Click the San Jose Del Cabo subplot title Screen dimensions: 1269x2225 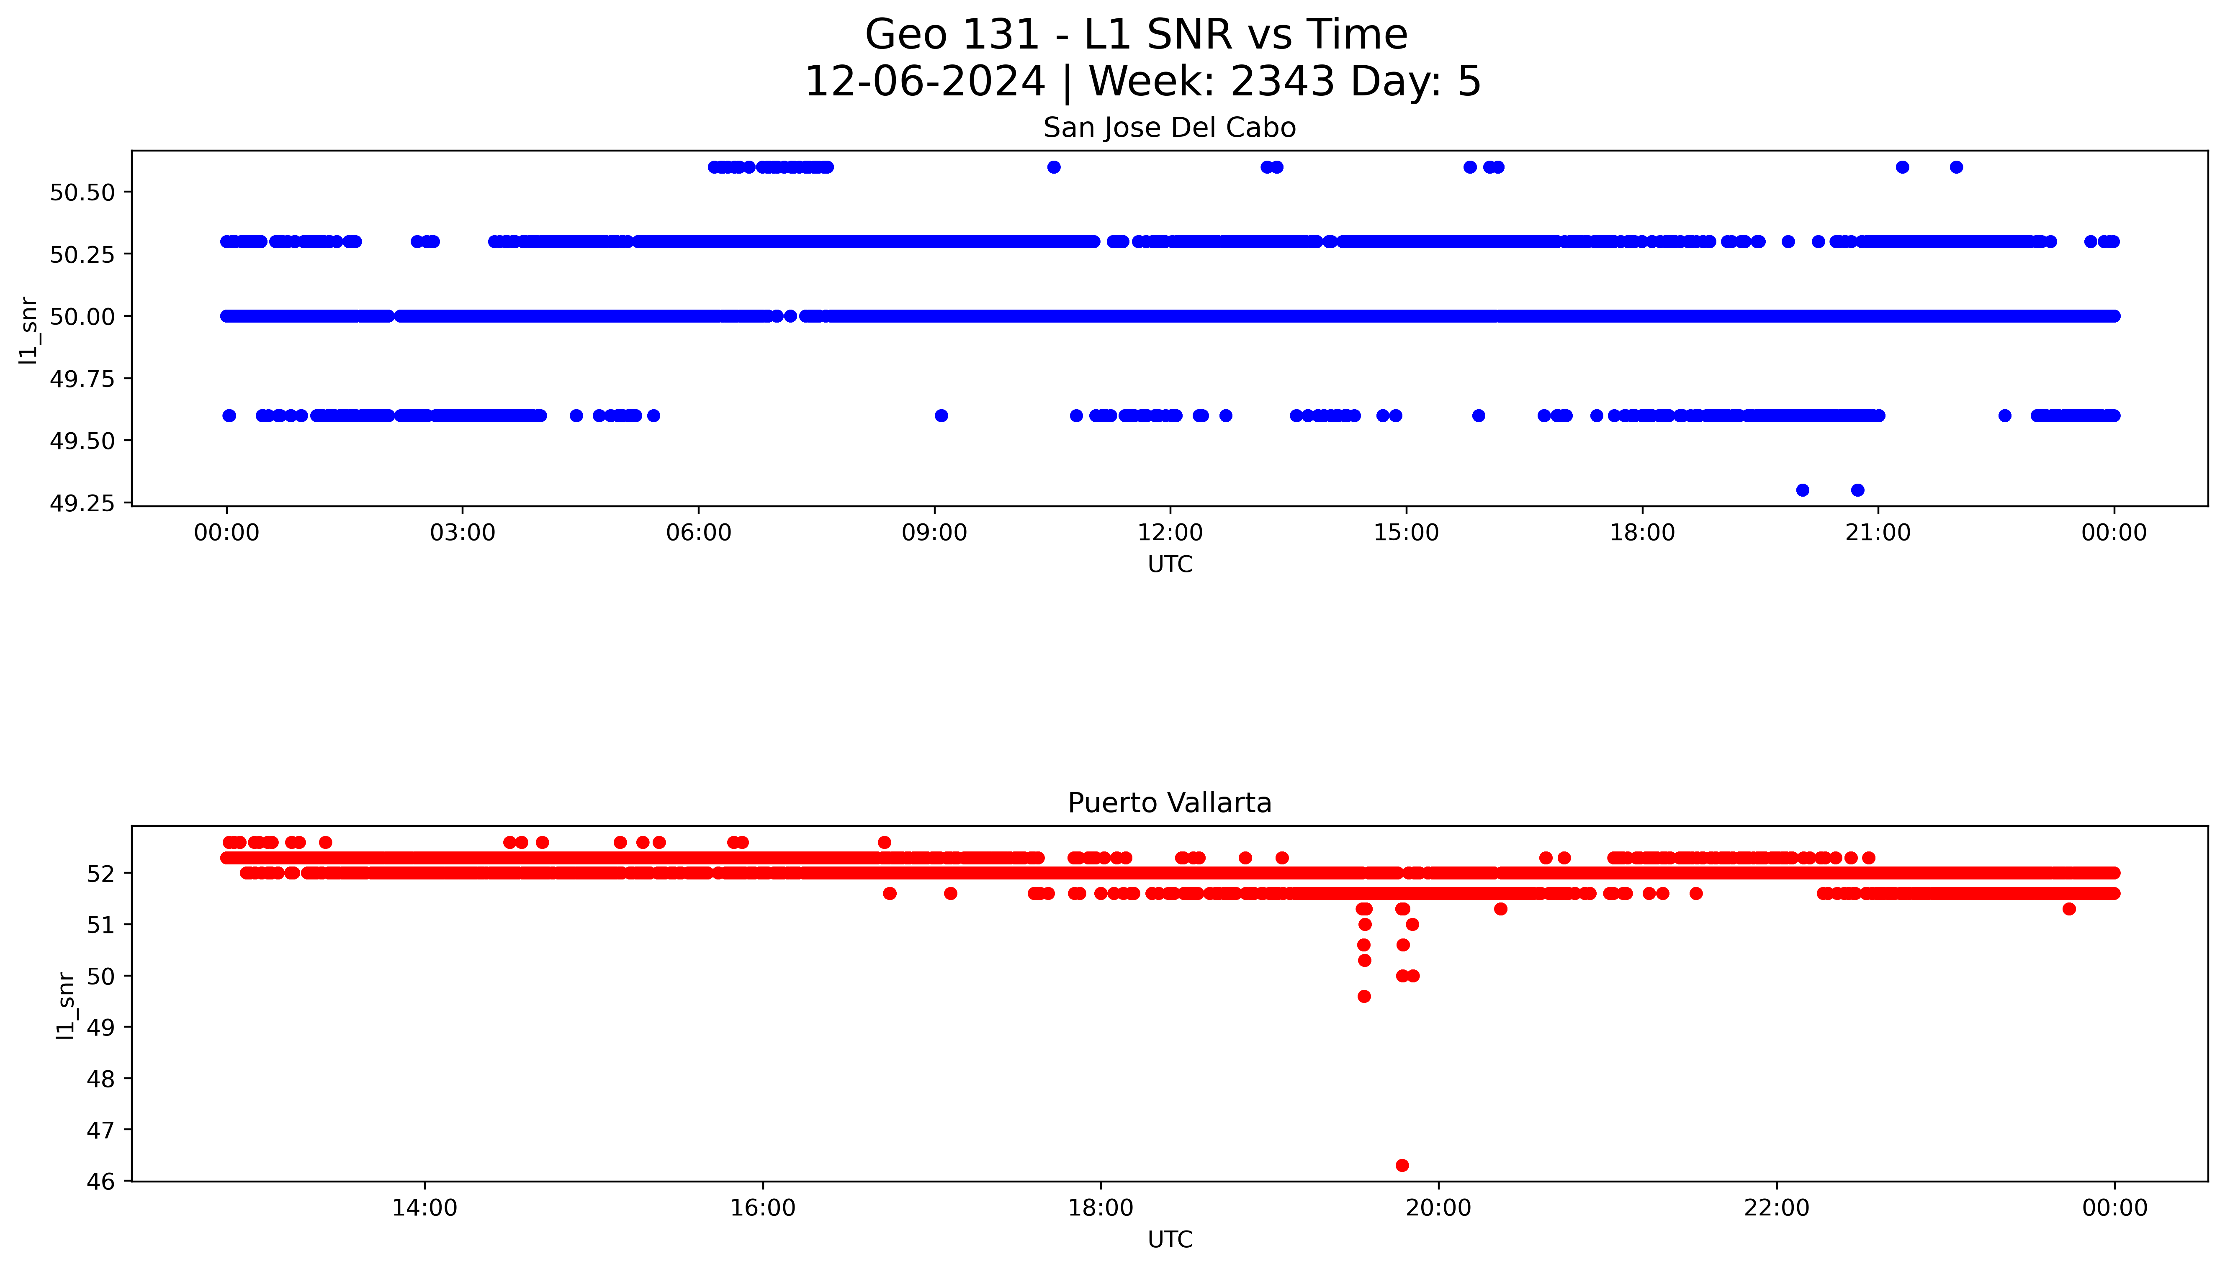click(x=1169, y=128)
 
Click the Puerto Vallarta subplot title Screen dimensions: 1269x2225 click(x=1169, y=803)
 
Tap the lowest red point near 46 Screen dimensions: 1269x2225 click(x=1402, y=1165)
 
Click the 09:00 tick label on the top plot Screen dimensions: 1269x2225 click(x=934, y=533)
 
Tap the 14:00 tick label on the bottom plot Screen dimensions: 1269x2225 click(x=424, y=1208)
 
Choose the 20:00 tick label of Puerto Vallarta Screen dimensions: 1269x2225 click(x=1438, y=1208)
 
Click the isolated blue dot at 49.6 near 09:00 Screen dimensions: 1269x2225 click(x=941, y=416)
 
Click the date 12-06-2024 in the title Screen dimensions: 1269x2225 click(x=924, y=82)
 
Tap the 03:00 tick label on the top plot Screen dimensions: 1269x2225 click(x=462, y=533)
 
